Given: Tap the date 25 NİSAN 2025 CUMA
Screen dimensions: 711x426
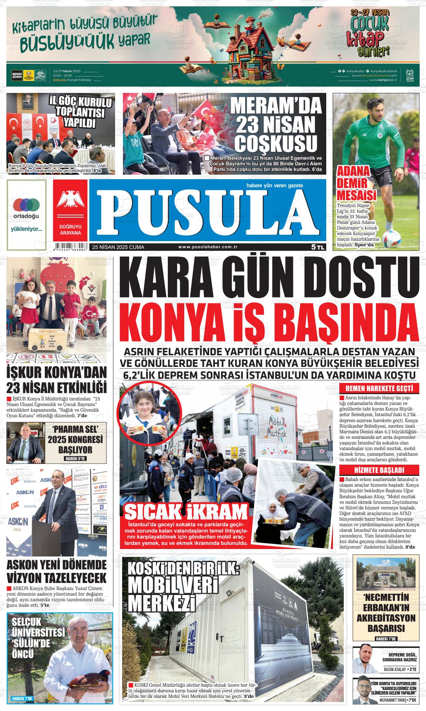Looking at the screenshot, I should tap(118, 247).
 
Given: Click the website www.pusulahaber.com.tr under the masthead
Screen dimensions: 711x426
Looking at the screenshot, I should tap(208, 247).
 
